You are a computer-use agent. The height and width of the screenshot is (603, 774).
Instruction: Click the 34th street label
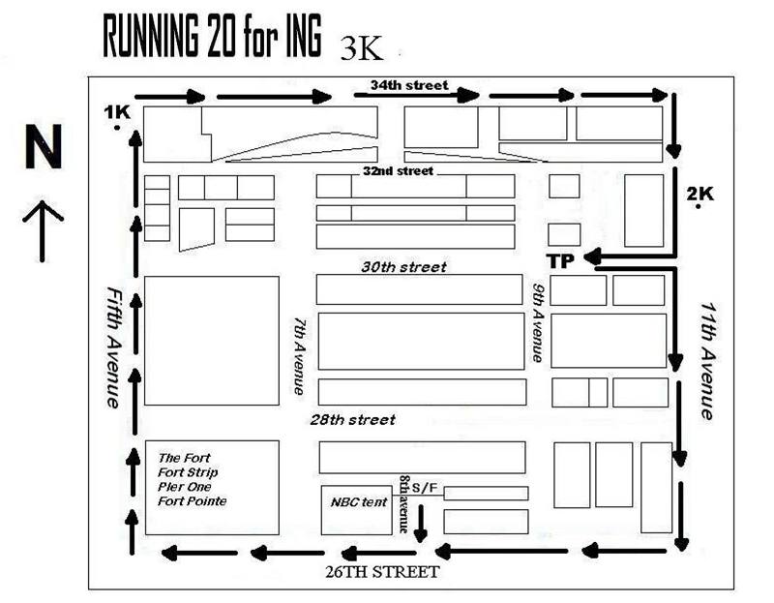pyautogui.click(x=409, y=85)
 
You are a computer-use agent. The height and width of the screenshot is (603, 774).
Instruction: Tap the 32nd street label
pyautogui.click(x=398, y=171)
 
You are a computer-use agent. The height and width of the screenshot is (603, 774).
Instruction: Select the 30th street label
pyautogui.click(x=403, y=267)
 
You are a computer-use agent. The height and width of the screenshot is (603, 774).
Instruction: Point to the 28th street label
pyautogui.click(x=352, y=420)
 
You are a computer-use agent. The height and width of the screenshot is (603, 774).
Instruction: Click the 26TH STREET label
pyautogui.click(x=382, y=572)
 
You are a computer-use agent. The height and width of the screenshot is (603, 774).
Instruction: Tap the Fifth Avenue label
pyautogui.click(x=114, y=347)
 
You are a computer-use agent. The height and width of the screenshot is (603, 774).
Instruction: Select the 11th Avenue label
pyautogui.click(x=708, y=361)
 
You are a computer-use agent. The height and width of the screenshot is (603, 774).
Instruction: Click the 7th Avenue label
pyautogui.click(x=300, y=356)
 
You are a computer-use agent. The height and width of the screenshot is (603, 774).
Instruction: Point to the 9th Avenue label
pyautogui.click(x=538, y=322)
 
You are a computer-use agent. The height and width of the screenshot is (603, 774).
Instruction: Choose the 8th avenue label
pyautogui.click(x=403, y=504)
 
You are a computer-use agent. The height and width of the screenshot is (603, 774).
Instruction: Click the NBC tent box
pyautogui.click(x=356, y=510)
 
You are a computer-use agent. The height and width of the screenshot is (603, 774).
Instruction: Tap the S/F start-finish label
pyautogui.click(x=425, y=488)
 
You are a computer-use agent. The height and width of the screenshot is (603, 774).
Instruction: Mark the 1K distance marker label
pyautogui.click(x=117, y=112)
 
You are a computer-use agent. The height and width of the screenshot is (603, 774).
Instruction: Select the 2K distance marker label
pyautogui.click(x=700, y=194)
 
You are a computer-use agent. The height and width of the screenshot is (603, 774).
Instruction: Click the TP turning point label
pyautogui.click(x=561, y=260)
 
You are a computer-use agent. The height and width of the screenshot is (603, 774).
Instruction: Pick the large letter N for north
pyautogui.click(x=44, y=146)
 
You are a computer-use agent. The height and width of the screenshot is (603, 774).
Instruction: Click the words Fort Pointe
pyautogui.click(x=192, y=501)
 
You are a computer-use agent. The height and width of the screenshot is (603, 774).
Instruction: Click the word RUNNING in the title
pyautogui.click(x=151, y=36)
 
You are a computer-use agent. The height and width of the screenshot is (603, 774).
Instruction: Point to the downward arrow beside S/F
pyautogui.click(x=421, y=523)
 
